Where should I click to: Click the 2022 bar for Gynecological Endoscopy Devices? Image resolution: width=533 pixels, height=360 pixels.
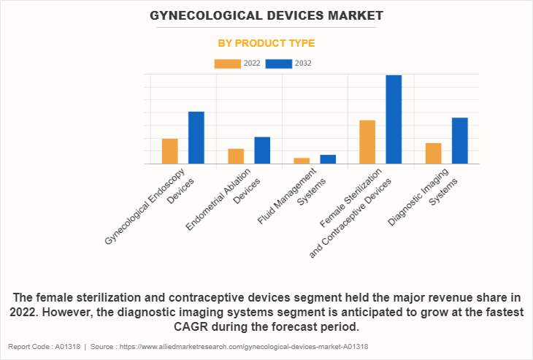coord(169,151)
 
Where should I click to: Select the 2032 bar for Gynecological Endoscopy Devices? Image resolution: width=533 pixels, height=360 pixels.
coord(196,138)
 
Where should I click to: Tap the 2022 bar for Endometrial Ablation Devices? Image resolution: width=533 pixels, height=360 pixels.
coord(236,156)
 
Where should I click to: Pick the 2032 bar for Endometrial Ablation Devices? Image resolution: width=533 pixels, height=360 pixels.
coord(262,150)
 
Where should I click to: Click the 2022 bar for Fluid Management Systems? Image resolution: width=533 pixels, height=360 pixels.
coord(302,161)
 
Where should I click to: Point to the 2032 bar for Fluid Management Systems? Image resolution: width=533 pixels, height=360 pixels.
coord(328,159)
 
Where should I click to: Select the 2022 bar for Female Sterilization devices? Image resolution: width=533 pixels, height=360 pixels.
coord(367,142)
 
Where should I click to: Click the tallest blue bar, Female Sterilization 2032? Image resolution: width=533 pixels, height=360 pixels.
coord(394,120)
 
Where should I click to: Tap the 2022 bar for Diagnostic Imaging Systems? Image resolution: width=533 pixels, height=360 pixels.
coord(433,153)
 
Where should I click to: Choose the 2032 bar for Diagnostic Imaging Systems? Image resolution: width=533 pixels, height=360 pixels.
coord(459,141)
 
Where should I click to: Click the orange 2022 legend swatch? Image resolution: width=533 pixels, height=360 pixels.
coord(227,64)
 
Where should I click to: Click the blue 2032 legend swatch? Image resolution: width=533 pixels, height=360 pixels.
coord(279,64)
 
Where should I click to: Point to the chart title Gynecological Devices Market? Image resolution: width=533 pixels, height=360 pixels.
coord(266,15)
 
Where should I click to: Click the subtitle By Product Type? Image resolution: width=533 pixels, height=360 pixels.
coord(266,44)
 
